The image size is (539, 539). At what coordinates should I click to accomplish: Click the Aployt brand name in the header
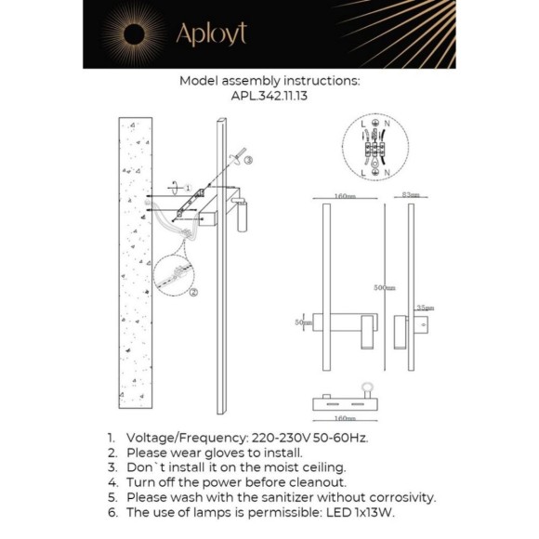[211, 34]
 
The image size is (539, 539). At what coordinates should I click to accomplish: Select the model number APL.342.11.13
[269, 95]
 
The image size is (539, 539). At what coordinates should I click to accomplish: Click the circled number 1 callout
[185, 187]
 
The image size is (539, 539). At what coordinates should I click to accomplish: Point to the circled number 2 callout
[192, 292]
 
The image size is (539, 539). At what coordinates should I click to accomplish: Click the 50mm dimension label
[300, 322]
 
